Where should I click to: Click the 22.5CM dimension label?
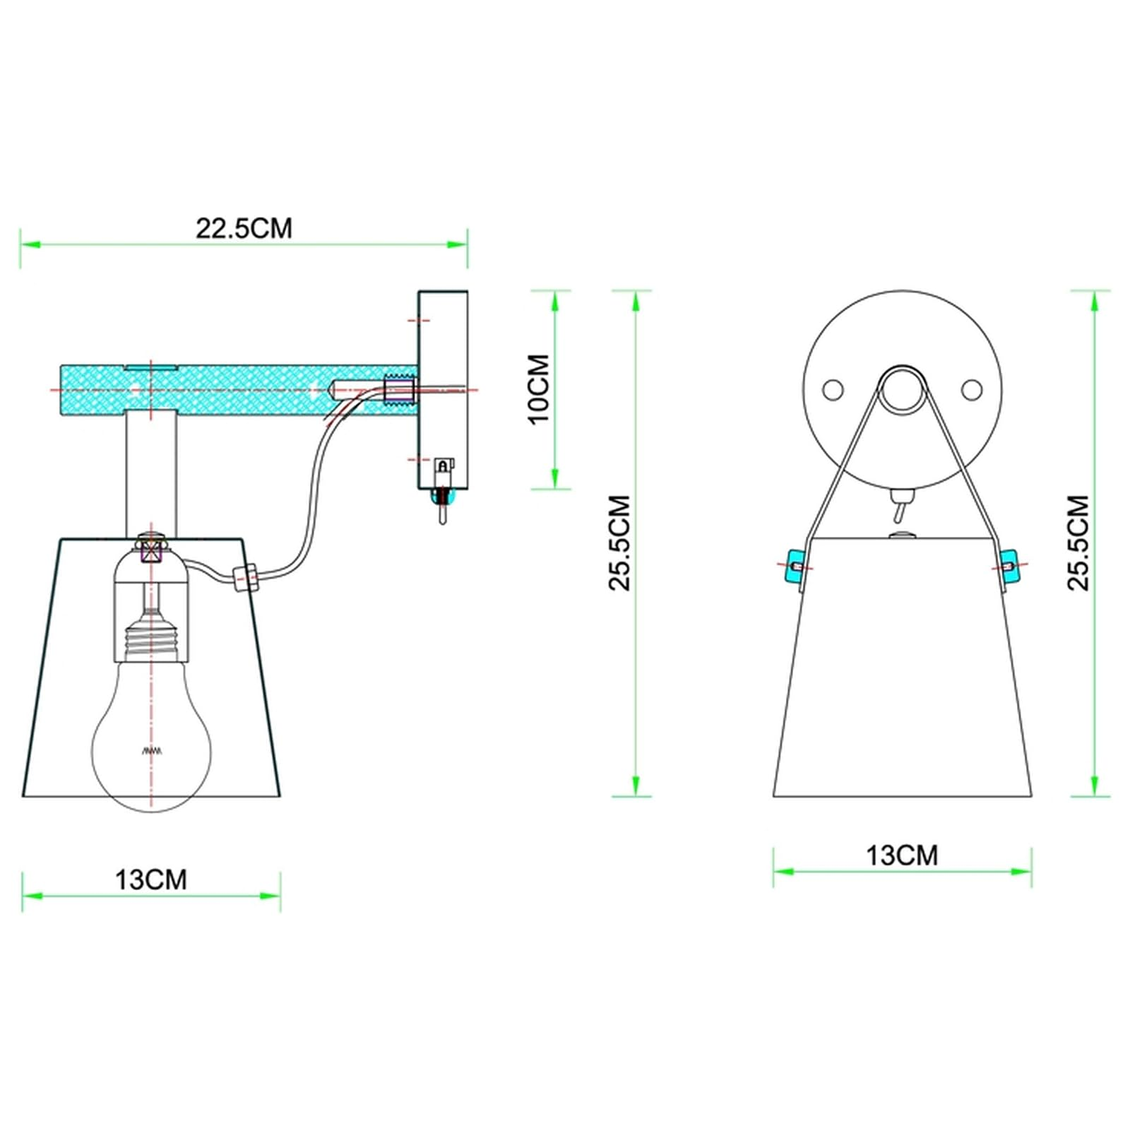[244, 228]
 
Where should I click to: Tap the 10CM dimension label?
[540, 389]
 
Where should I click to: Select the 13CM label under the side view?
[151, 880]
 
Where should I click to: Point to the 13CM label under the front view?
[902, 855]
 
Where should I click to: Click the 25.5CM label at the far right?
[1079, 543]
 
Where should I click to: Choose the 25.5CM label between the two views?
[620, 543]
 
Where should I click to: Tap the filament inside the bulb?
[152, 750]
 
